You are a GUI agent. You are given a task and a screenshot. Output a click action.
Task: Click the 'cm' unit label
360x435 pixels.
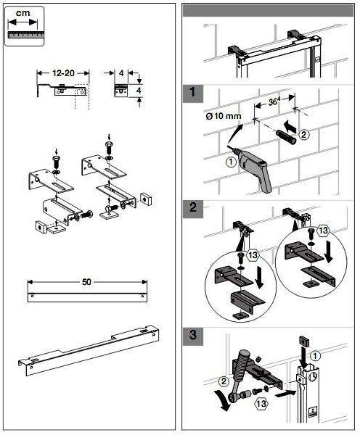point(22,13)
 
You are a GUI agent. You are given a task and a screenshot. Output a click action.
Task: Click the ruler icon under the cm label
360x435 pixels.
point(26,35)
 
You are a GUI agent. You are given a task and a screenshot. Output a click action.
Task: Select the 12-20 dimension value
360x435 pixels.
point(63,73)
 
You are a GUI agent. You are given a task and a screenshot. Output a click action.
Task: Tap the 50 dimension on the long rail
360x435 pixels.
point(86,282)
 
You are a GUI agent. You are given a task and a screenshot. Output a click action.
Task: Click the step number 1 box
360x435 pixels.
point(193,94)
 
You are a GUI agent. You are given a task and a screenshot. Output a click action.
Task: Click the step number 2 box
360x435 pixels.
point(193,208)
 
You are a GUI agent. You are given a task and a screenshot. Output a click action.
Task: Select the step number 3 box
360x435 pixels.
point(193,336)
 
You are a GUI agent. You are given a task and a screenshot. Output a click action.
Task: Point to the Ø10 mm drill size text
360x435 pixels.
point(224,115)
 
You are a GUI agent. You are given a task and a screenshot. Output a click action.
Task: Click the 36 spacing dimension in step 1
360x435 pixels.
point(274,101)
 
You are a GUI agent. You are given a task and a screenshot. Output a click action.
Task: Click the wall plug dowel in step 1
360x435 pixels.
point(285,137)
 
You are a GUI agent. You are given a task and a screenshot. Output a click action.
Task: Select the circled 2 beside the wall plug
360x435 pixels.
point(304,135)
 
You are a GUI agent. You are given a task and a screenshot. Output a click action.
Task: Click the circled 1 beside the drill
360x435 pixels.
point(232,162)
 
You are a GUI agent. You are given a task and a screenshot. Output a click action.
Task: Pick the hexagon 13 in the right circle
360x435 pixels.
point(323,231)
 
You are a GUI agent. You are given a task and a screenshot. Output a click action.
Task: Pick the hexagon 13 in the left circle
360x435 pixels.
point(253,255)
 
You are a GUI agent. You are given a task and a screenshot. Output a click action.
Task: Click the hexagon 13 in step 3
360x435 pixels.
point(261,403)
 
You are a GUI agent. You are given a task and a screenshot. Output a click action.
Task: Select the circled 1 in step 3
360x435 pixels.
point(314,356)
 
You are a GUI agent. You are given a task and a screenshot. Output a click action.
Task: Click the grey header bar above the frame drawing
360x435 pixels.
point(268,11)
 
